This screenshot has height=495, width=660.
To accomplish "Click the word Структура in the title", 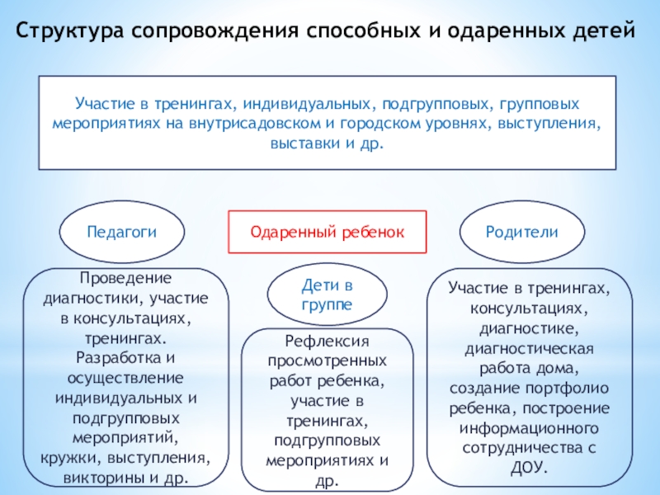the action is click(68, 32).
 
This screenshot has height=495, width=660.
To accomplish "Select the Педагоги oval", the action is click(121, 233).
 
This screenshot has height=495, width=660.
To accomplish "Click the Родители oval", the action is click(521, 233).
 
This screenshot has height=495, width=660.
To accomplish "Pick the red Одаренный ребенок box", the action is click(328, 233).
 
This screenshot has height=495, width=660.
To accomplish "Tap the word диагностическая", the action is click(529, 348).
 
